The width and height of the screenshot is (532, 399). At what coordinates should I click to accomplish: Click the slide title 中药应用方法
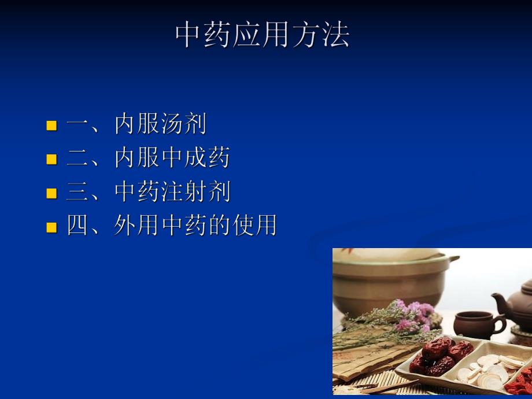coord(263,36)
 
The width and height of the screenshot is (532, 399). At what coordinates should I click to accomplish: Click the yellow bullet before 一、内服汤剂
coord(52,125)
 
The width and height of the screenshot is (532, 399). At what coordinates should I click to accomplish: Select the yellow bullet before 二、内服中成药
coord(52,159)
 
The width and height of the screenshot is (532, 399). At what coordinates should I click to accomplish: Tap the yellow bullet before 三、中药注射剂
coord(52,193)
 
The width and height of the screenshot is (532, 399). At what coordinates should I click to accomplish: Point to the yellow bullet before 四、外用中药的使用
coord(52,227)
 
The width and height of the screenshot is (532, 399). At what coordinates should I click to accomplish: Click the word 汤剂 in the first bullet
coord(183,124)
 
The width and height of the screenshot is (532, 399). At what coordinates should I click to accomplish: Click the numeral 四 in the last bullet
coord(77,226)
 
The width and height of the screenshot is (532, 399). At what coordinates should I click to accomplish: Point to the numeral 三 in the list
coord(77,192)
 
